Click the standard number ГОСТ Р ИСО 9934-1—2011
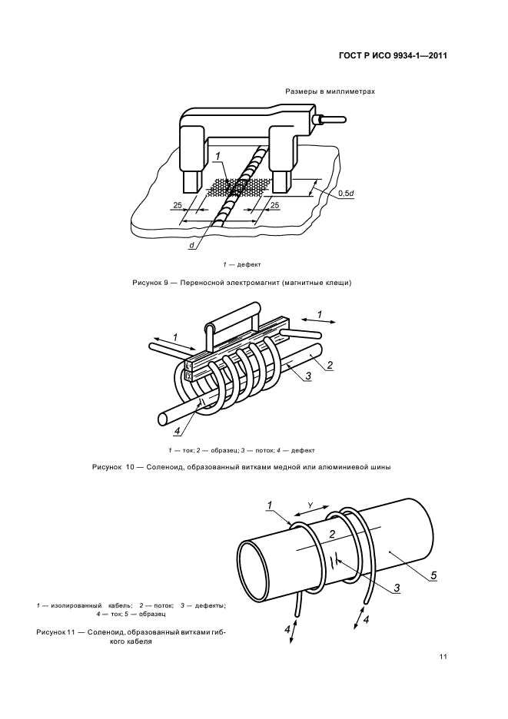coord(393,56)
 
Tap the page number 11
coord(443,657)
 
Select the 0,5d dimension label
coord(346,193)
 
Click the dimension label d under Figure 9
coord(191,246)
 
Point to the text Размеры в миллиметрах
coord(330,91)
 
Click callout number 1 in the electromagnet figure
coord(218,157)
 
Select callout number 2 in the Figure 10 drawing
coord(330,365)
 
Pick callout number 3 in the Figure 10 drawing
coord(308,376)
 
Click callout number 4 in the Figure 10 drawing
coord(177,431)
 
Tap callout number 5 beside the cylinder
coord(433,575)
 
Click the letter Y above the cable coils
coord(310,505)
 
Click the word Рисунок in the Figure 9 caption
coord(147,283)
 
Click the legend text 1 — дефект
coord(242,264)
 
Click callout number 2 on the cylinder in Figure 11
coord(333,533)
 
